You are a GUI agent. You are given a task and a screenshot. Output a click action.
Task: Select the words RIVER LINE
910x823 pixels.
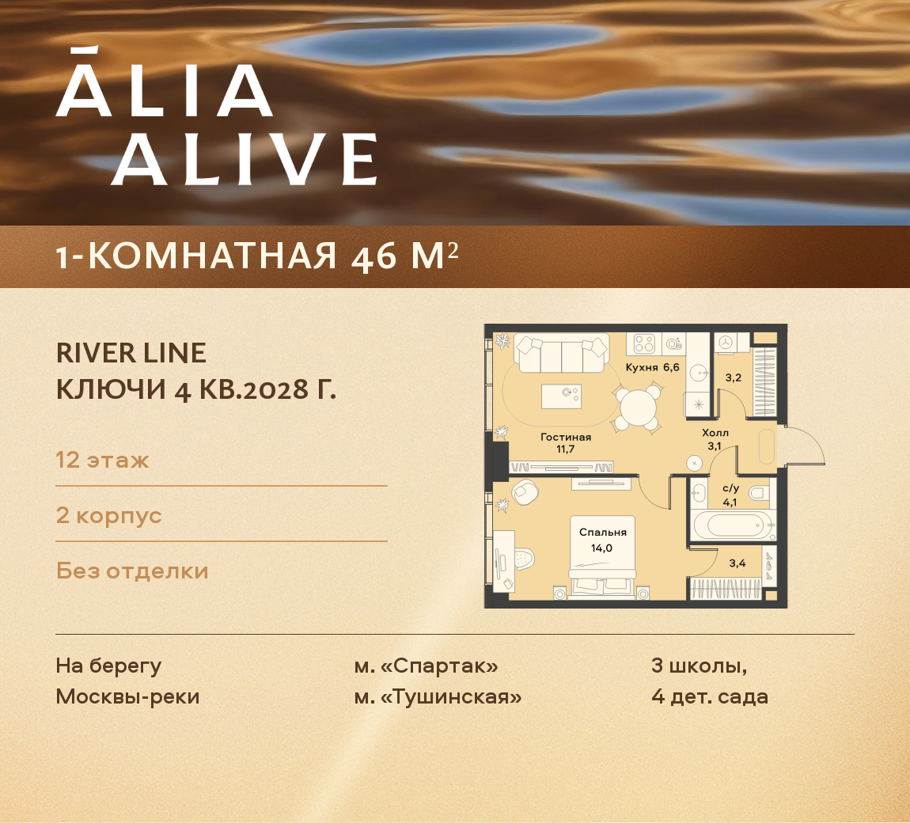[x=131, y=353]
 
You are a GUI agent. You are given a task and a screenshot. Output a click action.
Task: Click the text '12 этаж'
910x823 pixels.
[x=102, y=460]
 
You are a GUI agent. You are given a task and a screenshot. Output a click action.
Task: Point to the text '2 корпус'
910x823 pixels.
[x=108, y=515]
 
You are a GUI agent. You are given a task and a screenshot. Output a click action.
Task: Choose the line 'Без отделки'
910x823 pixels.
[x=132, y=571]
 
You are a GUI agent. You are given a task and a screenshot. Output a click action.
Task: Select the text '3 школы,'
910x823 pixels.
[x=699, y=666]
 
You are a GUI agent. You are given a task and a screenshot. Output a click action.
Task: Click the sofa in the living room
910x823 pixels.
[x=561, y=353]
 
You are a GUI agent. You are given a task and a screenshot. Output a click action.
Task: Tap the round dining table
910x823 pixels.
[x=638, y=408]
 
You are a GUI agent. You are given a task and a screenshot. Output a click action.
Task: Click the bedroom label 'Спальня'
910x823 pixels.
[x=602, y=533]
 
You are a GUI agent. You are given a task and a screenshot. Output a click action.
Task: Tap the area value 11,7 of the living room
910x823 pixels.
[x=565, y=449]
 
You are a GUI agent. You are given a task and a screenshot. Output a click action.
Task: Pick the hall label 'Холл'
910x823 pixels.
[x=715, y=433]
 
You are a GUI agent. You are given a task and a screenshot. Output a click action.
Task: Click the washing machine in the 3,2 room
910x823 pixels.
[x=732, y=343]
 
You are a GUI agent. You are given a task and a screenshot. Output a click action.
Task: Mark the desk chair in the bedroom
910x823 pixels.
[x=523, y=559]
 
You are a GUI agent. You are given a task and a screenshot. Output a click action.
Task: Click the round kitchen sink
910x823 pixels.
[x=698, y=372]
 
